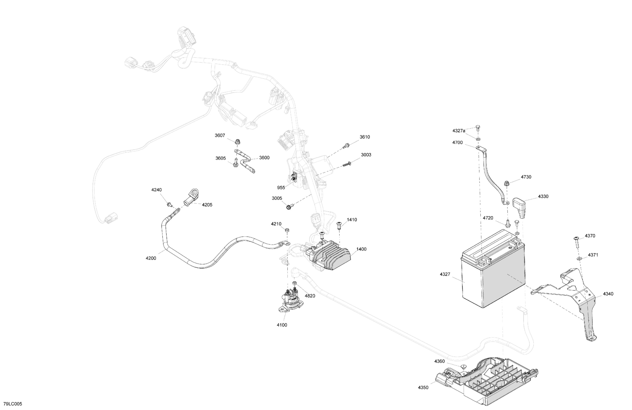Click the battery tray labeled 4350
[x=489, y=380]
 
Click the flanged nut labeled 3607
[x=237, y=142]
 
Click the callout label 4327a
[x=459, y=131]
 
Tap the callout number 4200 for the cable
[x=151, y=258]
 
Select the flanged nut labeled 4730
[x=506, y=183]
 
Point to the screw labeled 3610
[x=345, y=146]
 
